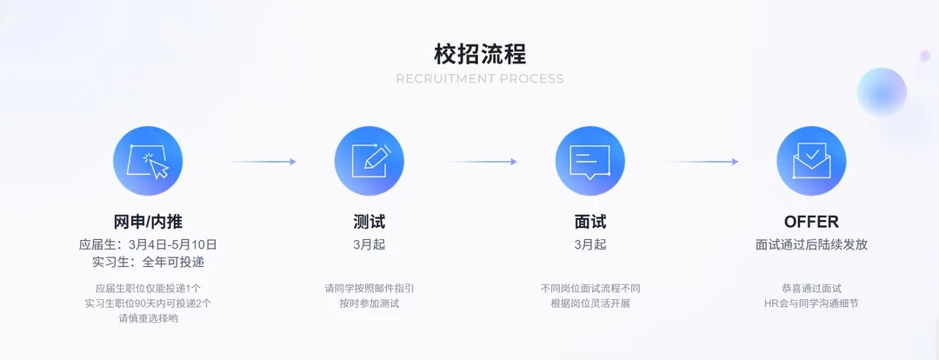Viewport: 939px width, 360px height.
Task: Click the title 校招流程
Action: pos(480,54)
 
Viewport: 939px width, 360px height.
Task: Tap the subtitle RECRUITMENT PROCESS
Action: pos(480,79)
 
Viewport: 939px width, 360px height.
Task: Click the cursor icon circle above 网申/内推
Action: pos(148,161)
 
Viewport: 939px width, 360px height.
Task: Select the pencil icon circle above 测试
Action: pos(370,161)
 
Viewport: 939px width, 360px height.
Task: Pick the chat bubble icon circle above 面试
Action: pos(590,161)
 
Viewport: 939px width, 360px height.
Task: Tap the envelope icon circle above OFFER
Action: pos(811,161)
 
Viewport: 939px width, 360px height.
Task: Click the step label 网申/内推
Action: pos(148,222)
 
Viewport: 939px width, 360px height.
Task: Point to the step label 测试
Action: pos(370,222)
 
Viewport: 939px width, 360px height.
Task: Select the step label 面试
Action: pos(590,222)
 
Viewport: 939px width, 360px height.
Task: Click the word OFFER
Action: pos(811,222)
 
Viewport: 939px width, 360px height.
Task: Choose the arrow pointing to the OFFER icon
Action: pos(702,162)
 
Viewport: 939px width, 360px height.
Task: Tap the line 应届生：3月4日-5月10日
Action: pos(148,244)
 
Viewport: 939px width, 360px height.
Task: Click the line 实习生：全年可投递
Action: pos(148,262)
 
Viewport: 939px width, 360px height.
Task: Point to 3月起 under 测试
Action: pos(370,244)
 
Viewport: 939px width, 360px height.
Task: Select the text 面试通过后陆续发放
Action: pos(811,244)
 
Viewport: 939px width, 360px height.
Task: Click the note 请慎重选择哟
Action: pos(148,318)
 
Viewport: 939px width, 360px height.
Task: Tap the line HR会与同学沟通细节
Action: pos(811,303)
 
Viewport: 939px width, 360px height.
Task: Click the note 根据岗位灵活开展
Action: pos(590,303)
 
